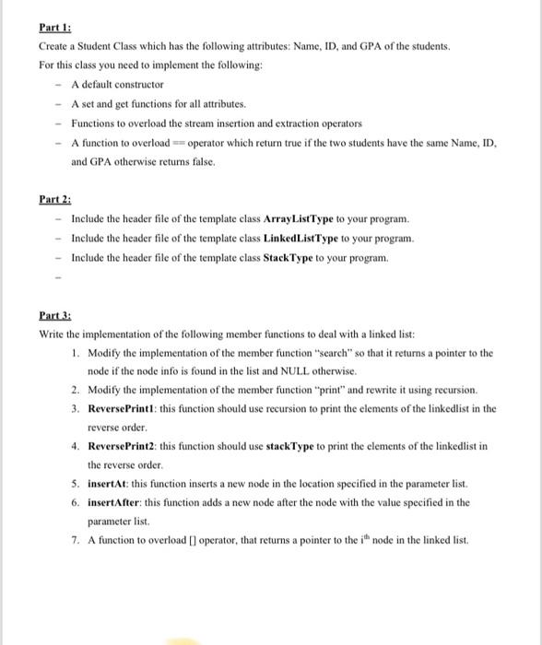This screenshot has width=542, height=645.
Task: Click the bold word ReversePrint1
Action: (115, 408)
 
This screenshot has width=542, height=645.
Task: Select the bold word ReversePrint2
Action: (115, 446)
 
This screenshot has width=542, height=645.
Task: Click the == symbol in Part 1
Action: (179, 143)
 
